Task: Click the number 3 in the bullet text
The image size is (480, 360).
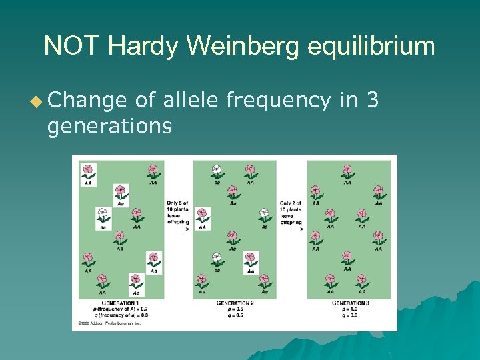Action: [x=373, y=100]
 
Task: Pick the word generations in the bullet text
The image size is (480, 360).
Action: [x=109, y=125]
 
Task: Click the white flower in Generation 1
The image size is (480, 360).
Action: [x=103, y=215]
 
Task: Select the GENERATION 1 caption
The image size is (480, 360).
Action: [x=119, y=303]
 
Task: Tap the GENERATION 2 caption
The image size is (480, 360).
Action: [x=235, y=303]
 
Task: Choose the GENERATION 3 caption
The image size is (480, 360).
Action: [x=350, y=303]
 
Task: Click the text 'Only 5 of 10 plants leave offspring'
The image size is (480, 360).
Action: [x=178, y=212]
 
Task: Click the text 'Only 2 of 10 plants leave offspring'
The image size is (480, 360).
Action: [x=291, y=212]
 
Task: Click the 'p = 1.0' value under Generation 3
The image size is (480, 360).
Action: [x=350, y=309]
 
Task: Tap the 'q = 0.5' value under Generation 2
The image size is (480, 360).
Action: [x=235, y=315]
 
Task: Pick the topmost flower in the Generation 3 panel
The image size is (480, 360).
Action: [x=347, y=171]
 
